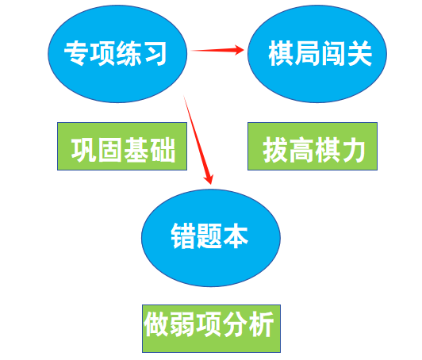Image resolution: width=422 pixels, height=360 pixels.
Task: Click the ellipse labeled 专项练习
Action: pyautogui.click(x=117, y=54)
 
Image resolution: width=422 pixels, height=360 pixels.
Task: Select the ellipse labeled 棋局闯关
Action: pyautogui.click(x=317, y=54)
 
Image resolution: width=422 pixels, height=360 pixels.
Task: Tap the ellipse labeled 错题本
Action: pyautogui.click(x=211, y=238)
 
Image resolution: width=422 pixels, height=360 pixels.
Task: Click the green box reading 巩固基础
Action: pyautogui.click(x=122, y=146)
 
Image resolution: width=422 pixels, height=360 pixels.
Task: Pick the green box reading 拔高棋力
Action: pyautogui.click(x=313, y=146)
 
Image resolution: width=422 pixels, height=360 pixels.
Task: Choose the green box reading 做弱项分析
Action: pyautogui.click(x=211, y=328)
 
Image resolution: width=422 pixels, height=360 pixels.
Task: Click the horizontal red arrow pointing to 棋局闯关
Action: pyautogui.click(x=217, y=50)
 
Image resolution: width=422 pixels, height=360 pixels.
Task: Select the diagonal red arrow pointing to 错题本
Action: pyautogui.click(x=198, y=140)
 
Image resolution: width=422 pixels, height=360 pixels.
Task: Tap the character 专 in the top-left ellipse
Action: pyautogui.click(x=76, y=53)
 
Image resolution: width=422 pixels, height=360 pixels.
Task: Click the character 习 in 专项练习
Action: pyautogui.click(x=154, y=53)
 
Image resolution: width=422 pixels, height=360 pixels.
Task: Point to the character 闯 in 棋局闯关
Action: pyautogui.click(x=334, y=53)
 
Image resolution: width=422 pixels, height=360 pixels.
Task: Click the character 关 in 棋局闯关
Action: pyautogui.click(x=360, y=53)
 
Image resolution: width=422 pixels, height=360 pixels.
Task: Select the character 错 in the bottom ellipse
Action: pyautogui.click(x=183, y=236)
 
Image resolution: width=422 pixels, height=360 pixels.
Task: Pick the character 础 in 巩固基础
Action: pyautogui.click(x=163, y=150)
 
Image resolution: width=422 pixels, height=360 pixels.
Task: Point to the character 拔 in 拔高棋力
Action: pyautogui.click(x=274, y=150)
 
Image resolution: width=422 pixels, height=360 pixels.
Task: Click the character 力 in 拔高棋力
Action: pyautogui.click(x=353, y=150)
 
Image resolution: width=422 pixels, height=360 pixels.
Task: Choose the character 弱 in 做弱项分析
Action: pyautogui.click(x=182, y=324)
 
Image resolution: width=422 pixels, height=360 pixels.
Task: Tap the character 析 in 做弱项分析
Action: pyautogui.click(x=261, y=324)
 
